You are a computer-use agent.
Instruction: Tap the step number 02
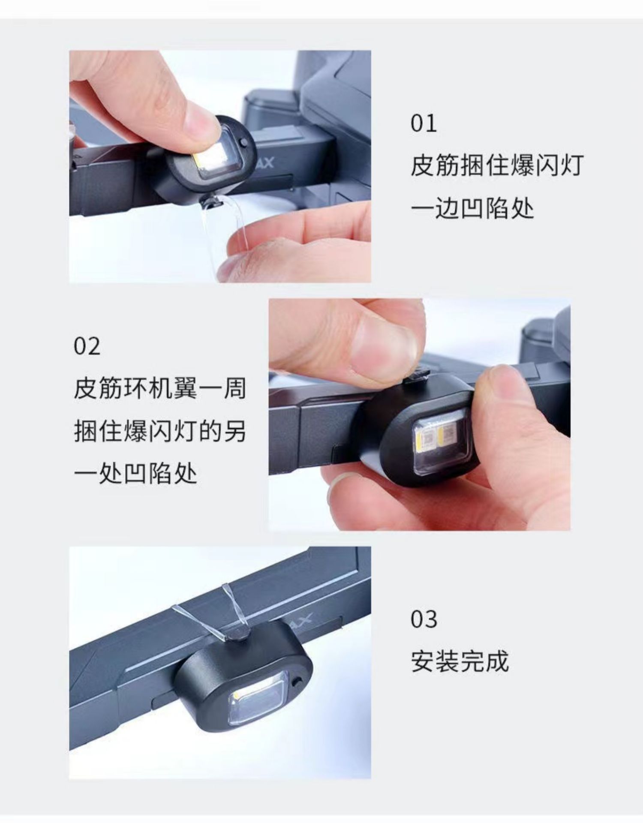pyautogui.click(x=87, y=346)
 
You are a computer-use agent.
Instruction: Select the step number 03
pyautogui.click(x=424, y=619)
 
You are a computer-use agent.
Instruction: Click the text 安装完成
pyautogui.click(x=460, y=661)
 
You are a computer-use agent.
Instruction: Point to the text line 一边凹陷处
pyautogui.click(x=472, y=209)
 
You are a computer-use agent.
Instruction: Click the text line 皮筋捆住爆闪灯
pyautogui.click(x=497, y=165)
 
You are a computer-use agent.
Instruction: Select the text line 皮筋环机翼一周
pyautogui.click(x=160, y=388)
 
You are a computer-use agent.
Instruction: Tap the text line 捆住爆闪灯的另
pyautogui.click(x=160, y=431)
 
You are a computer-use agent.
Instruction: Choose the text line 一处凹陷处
pyautogui.click(x=135, y=473)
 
